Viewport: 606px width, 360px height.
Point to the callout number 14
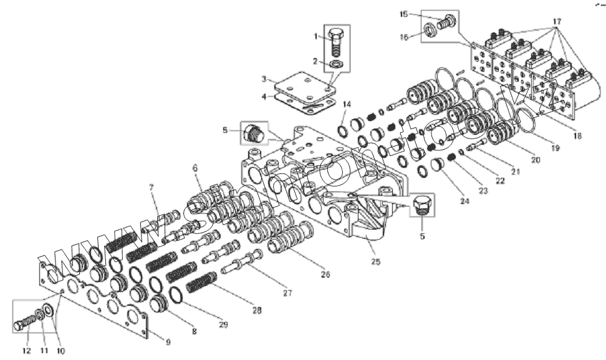[x=347, y=104]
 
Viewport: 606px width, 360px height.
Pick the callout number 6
[x=195, y=167]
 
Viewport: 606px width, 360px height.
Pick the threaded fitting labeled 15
[x=445, y=22]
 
